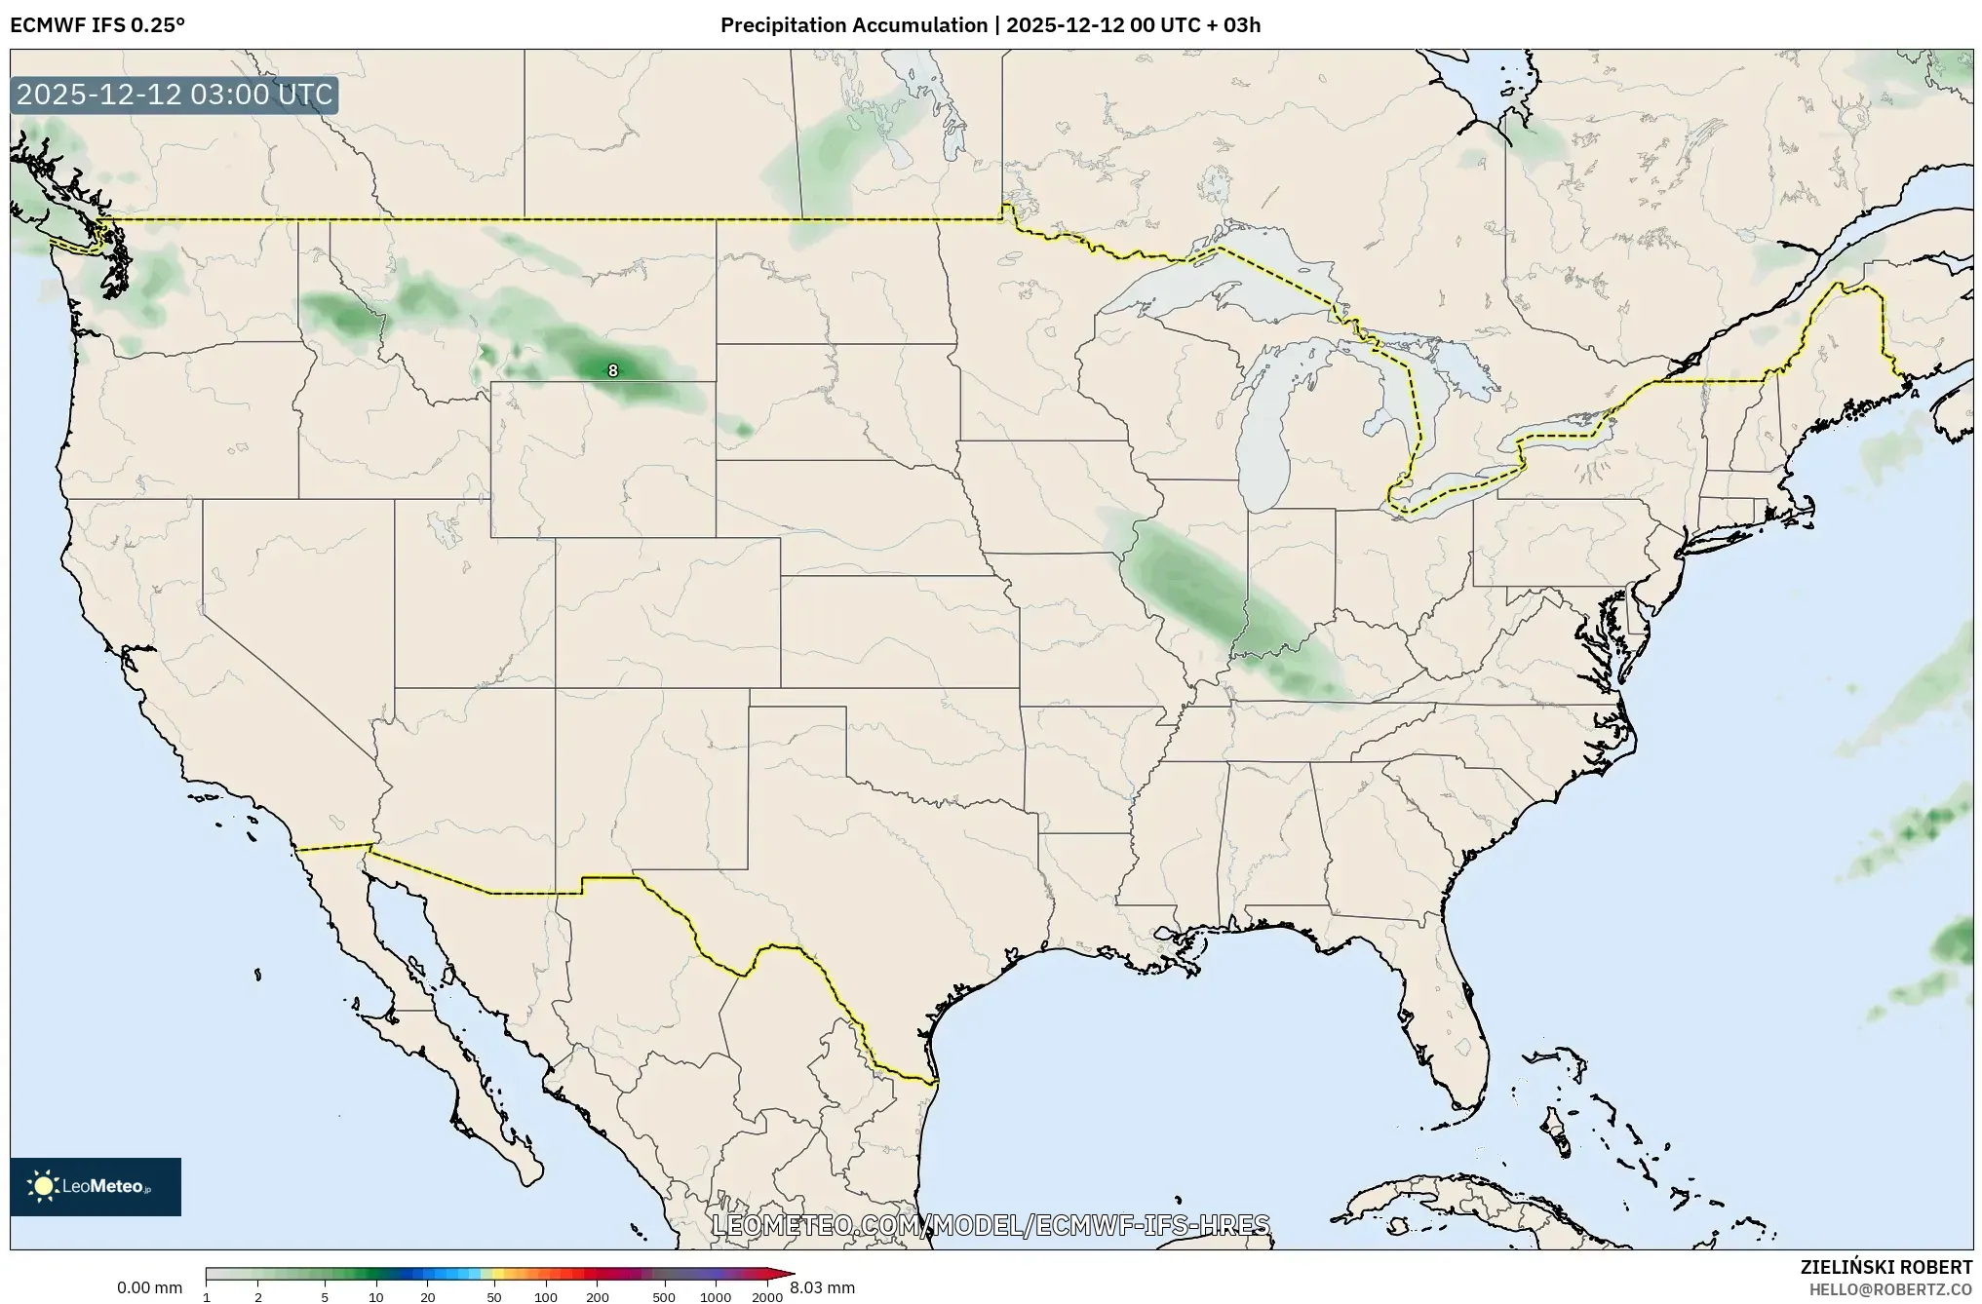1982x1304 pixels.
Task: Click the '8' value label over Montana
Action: point(612,370)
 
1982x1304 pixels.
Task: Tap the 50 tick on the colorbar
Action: point(494,1297)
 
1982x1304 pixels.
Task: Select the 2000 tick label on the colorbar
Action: point(767,1297)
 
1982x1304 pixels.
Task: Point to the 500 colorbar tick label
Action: point(663,1297)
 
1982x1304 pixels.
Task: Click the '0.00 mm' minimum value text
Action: point(149,1288)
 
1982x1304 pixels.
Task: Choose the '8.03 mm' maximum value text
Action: point(822,1288)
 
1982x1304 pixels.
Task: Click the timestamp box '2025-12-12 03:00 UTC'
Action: point(175,96)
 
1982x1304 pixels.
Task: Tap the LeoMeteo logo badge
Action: point(96,1186)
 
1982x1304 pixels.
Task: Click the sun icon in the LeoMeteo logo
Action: point(44,1186)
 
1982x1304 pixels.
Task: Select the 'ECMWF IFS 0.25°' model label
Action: point(97,25)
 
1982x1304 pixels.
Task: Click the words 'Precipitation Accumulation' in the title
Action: point(853,25)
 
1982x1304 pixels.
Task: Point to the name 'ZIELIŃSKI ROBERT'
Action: point(1885,1267)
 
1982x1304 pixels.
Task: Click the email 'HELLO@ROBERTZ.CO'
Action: point(1890,1289)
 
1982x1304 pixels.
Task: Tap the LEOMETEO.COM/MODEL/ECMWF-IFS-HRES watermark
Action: point(991,1225)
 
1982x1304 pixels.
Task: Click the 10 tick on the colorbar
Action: point(376,1297)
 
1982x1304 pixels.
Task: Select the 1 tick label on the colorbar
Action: point(207,1297)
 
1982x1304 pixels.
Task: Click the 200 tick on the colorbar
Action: point(598,1297)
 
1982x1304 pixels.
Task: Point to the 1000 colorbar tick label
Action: point(716,1297)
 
